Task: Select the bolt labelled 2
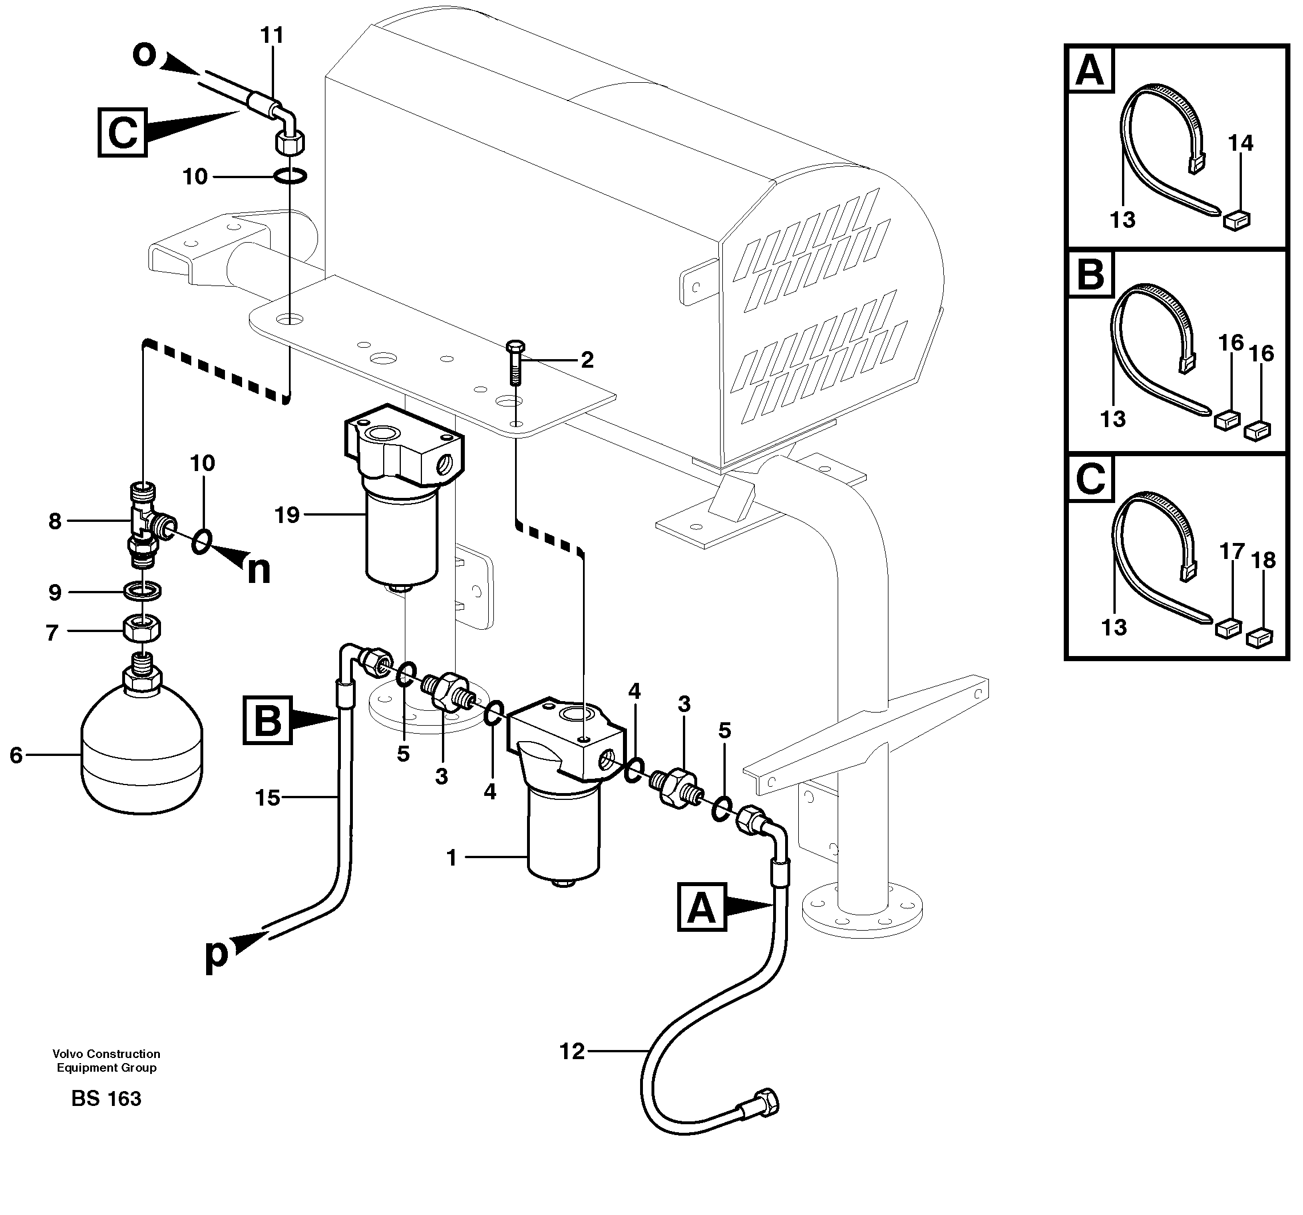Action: click(516, 363)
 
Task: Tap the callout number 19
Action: click(287, 515)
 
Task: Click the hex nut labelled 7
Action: click(142, 629)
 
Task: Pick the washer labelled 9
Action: click(143, 590)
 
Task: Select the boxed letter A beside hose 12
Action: click(702, 907)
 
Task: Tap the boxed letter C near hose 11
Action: click(123, 132)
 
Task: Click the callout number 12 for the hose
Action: click(572, 1052)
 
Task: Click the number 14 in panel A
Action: click(1240, 143)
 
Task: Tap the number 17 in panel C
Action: click(1232, 551)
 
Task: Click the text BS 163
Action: click(106, 1099)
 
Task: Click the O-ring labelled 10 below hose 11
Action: click(288, 176)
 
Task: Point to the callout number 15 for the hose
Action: click(267, 798)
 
